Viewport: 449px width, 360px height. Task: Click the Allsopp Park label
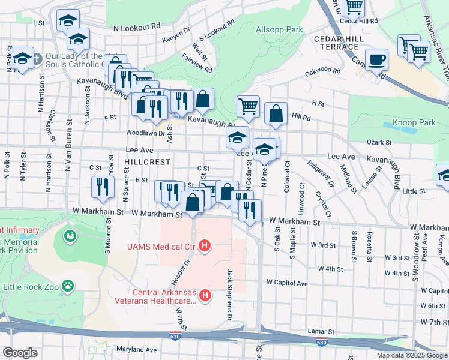point(279,29)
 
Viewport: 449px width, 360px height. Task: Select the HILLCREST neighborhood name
point(148,162)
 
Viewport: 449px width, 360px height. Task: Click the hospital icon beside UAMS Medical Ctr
point(205,245)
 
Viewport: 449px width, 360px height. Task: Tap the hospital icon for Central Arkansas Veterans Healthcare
point(205,295)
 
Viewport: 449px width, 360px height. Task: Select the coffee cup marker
point(376,59)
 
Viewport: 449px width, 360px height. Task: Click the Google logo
point(20,352)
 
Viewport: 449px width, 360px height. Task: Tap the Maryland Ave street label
point(136,349)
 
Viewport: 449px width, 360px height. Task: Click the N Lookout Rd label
point(137,27)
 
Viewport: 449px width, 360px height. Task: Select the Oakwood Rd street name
point(322,70)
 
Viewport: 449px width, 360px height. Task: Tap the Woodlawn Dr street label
point(145,133)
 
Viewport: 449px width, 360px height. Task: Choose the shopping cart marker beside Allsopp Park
point(248,107)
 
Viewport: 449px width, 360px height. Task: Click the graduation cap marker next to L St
point(68,20)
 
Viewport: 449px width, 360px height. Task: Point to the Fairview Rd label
point(197,70)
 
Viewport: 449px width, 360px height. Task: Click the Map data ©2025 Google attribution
point(411,355)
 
